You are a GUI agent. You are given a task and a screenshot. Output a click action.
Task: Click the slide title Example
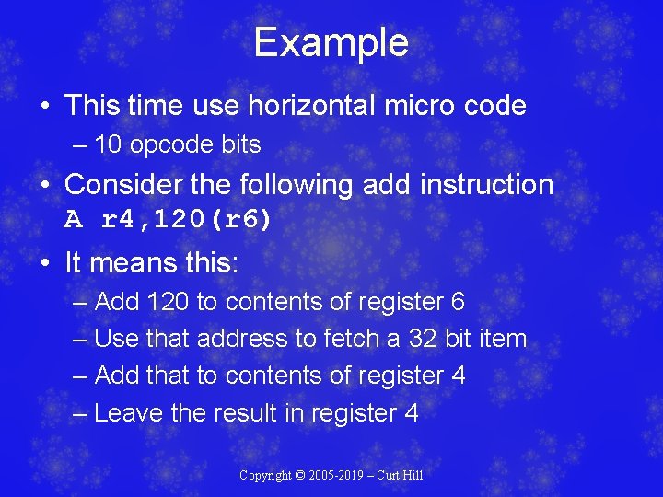click(331, 43)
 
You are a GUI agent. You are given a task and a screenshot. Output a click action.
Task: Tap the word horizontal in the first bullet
click(312, 106)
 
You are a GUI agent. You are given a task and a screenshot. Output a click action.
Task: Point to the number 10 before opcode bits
click(108, 145)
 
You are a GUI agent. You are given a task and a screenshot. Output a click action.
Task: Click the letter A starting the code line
click(74, 220)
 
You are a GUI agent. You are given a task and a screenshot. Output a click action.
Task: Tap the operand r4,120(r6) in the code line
click(186, 220)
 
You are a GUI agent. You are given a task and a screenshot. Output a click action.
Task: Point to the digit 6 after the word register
click(458, 302)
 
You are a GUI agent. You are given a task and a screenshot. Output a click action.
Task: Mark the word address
click(244, 339)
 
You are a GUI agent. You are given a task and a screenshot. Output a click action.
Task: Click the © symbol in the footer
click(300, 476)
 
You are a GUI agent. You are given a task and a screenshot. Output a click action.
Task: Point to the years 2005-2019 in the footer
click(339, 476)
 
